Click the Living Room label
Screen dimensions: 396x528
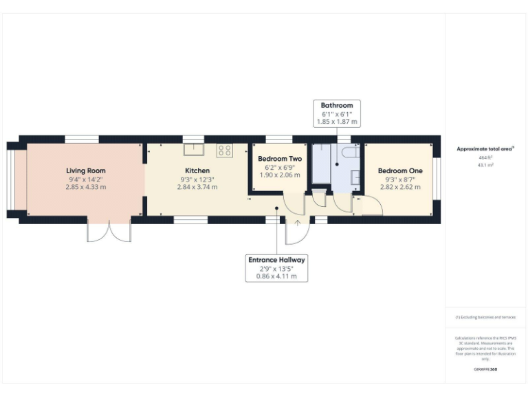(x=86, y=170)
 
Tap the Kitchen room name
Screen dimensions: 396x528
(x=197, y=170)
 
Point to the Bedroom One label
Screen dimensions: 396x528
(x=400, y=170)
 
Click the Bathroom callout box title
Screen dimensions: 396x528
(x=337, y=105)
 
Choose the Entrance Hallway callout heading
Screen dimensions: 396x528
(x=277, y=260)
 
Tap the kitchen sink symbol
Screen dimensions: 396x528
(x=193, y=149)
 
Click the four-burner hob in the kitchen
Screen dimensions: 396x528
(x=225, y=149)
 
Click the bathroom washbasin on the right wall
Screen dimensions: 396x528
(x=355, y=177)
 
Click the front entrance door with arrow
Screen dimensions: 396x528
(x=298, y=230)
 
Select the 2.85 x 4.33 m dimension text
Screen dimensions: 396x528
(x=86, y=187)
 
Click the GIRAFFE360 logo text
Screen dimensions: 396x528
(x=485, y=369)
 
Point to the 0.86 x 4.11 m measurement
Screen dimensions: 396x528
(x=277, y=276)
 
